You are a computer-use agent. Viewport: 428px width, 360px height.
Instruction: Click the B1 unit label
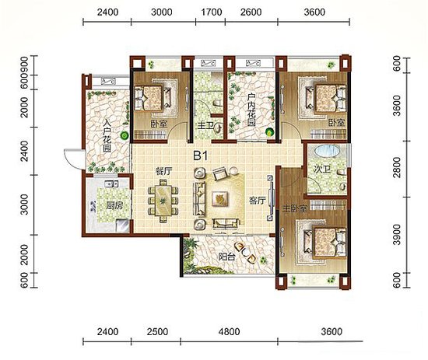201,156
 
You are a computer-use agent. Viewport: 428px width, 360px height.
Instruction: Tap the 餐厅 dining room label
163,171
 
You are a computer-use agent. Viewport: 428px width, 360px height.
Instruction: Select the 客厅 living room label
257,201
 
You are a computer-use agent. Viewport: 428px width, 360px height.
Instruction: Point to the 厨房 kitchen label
114,205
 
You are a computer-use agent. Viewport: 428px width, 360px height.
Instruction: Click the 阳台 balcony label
226,257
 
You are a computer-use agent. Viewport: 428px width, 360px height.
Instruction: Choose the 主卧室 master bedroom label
294,209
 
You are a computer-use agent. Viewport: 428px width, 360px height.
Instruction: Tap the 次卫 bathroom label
322,170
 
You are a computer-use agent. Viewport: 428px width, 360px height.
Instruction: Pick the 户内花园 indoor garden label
251,110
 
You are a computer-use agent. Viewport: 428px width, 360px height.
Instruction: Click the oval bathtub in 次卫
328,151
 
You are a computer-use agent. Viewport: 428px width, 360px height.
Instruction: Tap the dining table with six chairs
163,201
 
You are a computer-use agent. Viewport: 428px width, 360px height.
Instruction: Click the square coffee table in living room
220,197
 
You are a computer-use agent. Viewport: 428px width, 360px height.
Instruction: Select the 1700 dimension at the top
211,12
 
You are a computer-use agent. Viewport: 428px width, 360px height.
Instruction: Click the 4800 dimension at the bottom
230,332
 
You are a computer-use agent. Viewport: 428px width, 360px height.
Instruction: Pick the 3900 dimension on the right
397,235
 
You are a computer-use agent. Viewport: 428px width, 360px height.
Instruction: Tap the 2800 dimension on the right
397,167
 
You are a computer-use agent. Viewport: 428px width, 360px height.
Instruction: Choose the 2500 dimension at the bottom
157,332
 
